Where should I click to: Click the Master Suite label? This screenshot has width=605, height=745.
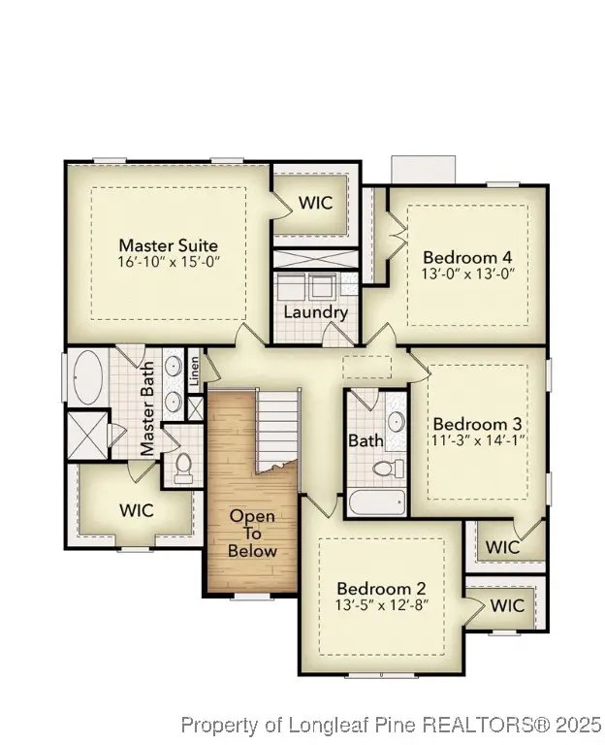point(168,245)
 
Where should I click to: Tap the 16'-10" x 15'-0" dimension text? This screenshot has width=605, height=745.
point(168,263)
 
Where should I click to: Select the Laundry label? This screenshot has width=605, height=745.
point(315,312)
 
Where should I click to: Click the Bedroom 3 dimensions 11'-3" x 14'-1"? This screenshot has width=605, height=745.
point(477,441)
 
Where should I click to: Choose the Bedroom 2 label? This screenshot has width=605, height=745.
point(381,589)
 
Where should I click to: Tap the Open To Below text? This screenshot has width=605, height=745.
point(252,534)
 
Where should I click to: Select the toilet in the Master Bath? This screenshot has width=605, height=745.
point(181,466)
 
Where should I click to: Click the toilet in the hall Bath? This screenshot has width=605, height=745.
point(390,469)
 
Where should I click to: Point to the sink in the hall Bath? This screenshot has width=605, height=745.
point(395,422)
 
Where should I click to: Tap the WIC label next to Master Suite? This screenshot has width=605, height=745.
point(315,204)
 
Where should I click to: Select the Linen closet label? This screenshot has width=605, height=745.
point(194,370)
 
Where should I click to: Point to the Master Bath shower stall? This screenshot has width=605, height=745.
point(86,434)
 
